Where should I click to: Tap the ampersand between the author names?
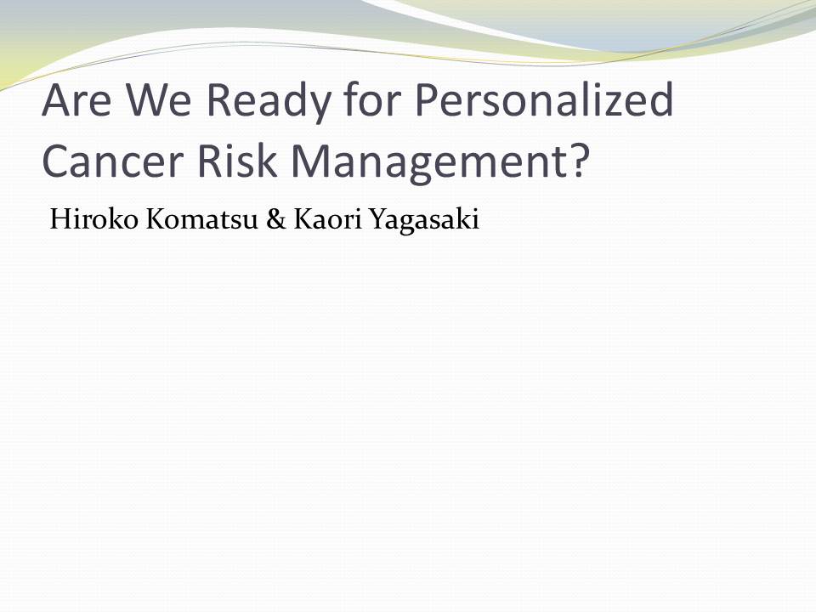pos(275,219)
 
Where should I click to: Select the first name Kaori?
pos(327,218)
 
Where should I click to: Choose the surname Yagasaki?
pos(423,221)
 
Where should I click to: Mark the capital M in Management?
pos(309,161)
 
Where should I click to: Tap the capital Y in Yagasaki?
pos(378,219)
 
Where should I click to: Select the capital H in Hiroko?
pos(60,219)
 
